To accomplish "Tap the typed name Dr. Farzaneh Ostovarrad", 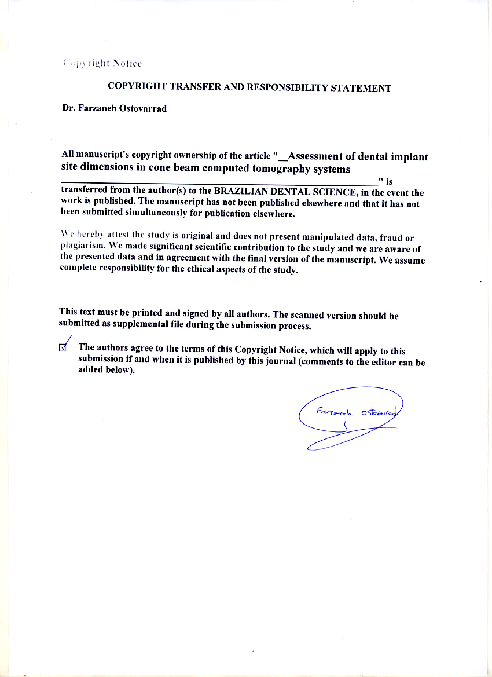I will click(114, 108).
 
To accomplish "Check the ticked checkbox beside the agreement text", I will click(63, 347).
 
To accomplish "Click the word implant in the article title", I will click(410, 156).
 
